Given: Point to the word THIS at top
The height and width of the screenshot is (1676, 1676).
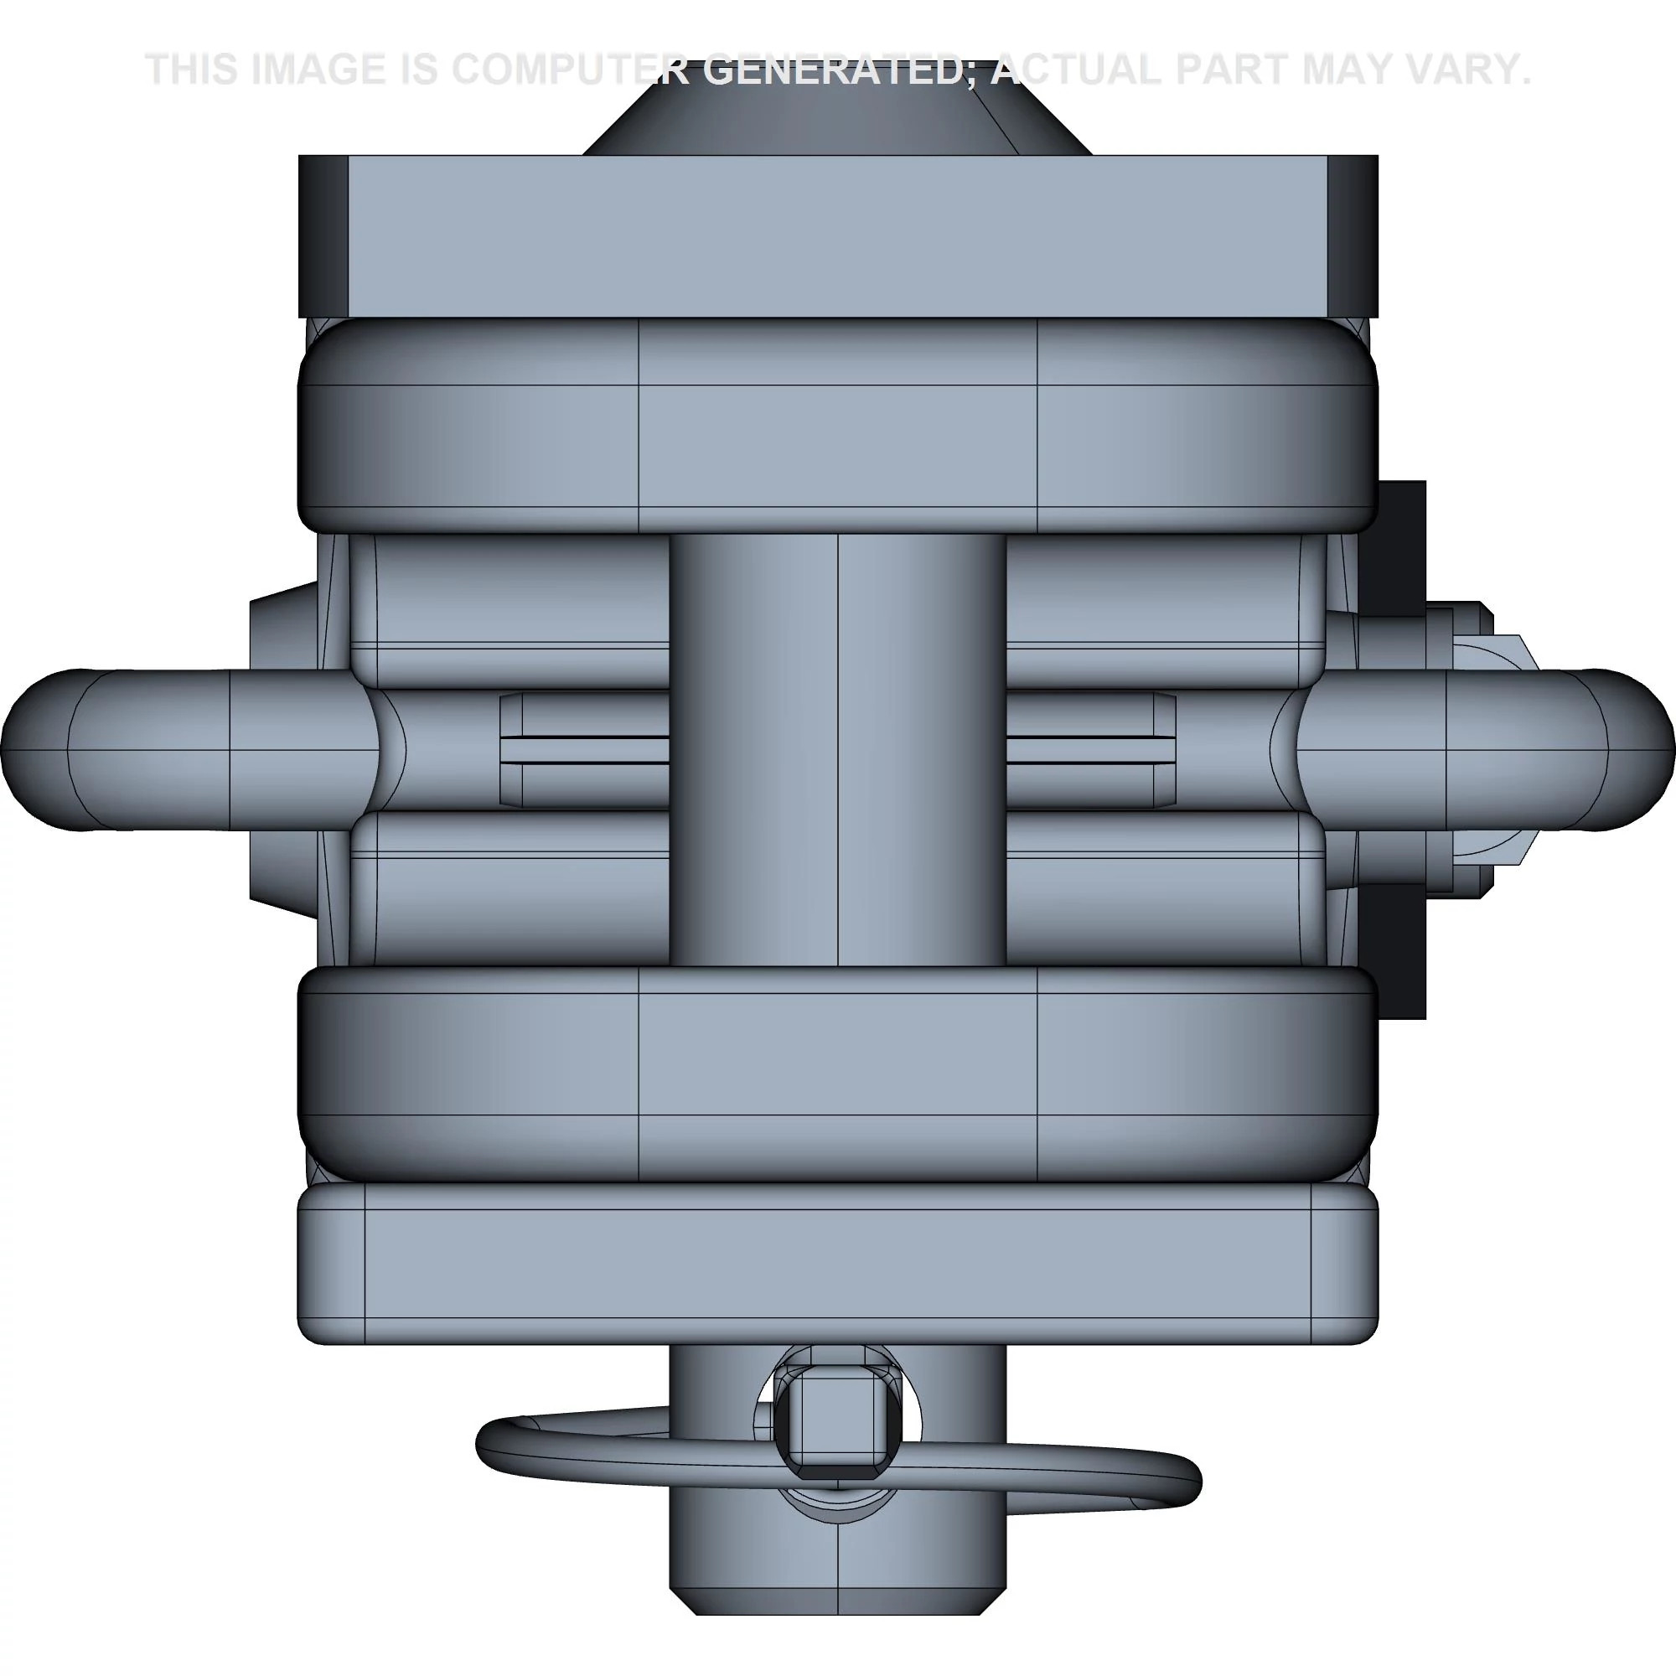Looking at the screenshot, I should (x=193, y=70).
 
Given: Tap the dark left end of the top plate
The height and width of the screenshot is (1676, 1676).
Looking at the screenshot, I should (x=323, y=236).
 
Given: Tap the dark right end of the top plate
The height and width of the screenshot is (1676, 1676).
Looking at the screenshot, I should (x=1353, y=236).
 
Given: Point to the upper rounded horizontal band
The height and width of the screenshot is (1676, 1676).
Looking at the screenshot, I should (x=837, y=425).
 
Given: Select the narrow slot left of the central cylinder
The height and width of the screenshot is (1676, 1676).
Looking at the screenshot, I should (x=586, y=750).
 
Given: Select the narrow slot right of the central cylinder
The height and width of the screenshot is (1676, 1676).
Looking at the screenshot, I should (x=1089, y=750).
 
